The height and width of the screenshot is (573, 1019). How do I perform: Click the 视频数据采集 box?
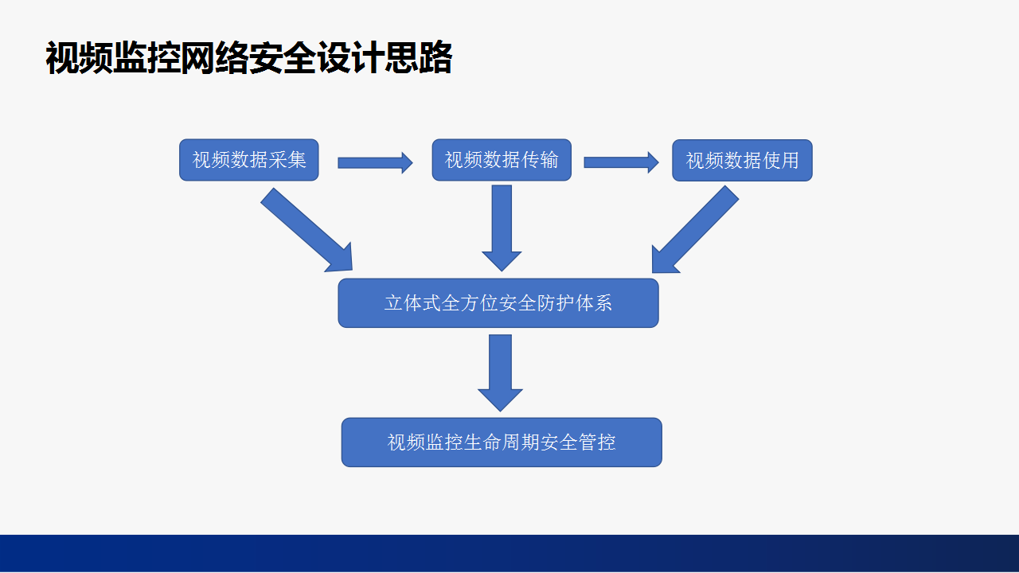[249, 160]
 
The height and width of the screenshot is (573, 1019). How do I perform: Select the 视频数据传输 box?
[502, 160]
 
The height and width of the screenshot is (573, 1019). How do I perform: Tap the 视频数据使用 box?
[743, 161]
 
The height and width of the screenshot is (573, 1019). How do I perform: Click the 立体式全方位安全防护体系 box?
[498, 303]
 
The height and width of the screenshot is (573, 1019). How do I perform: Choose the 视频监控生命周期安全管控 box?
[502, 442]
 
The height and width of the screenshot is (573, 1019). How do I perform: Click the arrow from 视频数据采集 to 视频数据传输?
[375, 163]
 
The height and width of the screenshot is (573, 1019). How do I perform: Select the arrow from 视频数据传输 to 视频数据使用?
[622, 162]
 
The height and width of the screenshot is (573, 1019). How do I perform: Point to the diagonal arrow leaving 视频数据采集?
[306, 230]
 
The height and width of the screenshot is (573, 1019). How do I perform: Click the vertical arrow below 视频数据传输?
[502, 228]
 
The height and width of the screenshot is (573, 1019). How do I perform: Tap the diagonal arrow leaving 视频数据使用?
[695, 229]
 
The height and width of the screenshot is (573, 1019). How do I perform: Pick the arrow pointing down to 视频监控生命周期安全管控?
[501, 373]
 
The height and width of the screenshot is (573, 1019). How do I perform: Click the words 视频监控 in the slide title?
[113, 58]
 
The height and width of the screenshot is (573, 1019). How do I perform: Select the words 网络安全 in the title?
[249, 58]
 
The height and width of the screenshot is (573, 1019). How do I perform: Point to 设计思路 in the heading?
[385, 58]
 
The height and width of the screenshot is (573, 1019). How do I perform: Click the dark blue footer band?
[509, 553]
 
